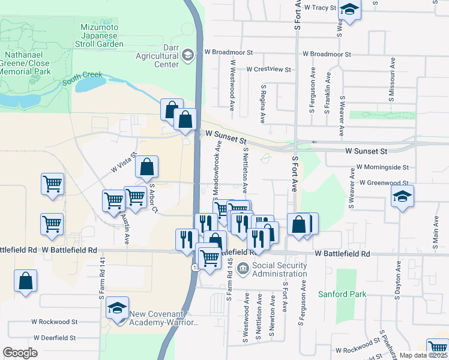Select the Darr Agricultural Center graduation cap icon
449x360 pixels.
point(188,55)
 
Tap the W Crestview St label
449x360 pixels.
point(268,70)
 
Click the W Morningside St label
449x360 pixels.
point(382,167)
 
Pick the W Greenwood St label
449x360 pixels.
point(384,182)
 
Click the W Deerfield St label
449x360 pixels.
point(55,338)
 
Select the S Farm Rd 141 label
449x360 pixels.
point(103,279)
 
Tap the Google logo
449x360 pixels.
point(20,353)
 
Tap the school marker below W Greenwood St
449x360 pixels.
point(402,196)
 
